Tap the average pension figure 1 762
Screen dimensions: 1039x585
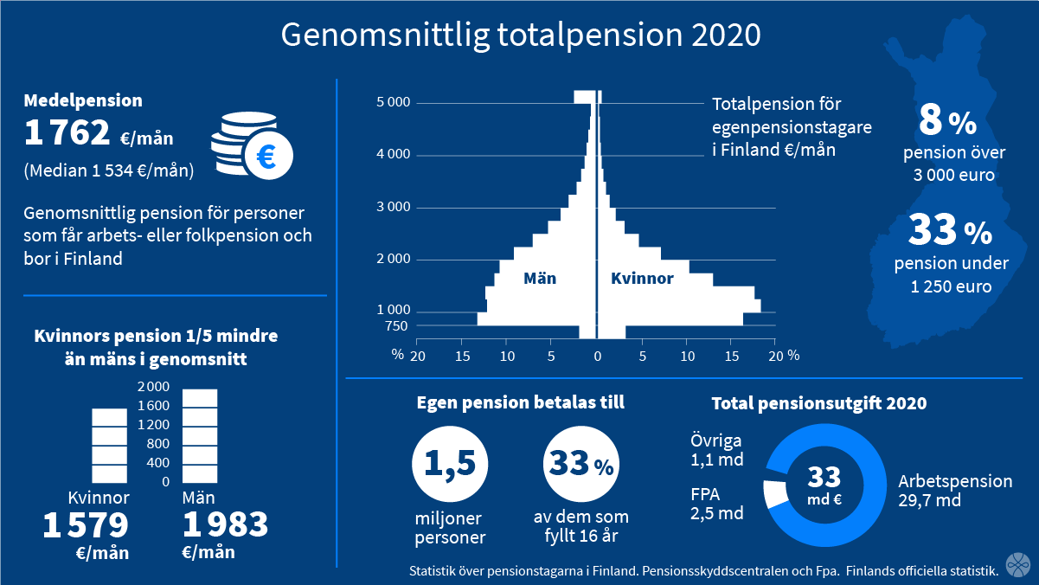(x=67, y=132)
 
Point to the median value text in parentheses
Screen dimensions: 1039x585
(x=109, y=170)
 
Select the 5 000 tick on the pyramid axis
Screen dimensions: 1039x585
(x=394, y=102)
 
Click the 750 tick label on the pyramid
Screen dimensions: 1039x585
(x=396, y=326)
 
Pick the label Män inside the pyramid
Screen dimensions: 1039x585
(x=540, y=279)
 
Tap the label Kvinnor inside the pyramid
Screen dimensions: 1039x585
(x=642, y=279)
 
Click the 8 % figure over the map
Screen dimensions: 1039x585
(x=947, y=120)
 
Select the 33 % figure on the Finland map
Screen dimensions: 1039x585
(x=950, y=229)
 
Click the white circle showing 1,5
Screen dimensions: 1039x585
(x=450, y=464)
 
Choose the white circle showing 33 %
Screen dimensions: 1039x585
(x=581, y=464)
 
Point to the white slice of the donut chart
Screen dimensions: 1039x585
(x=775, y=494)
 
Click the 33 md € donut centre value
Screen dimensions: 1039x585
(x=824, y=485)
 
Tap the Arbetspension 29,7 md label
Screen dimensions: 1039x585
(x=955, y=491)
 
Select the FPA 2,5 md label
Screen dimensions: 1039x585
(x=716, y=504)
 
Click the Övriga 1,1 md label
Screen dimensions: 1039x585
(x=716, y=450)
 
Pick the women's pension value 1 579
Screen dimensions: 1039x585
(x=86, y=525)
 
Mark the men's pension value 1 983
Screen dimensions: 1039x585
(x=226, y=524)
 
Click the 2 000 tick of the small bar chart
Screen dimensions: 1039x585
(x=153, y=387)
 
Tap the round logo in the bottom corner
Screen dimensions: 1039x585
(x=1017, y=564)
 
